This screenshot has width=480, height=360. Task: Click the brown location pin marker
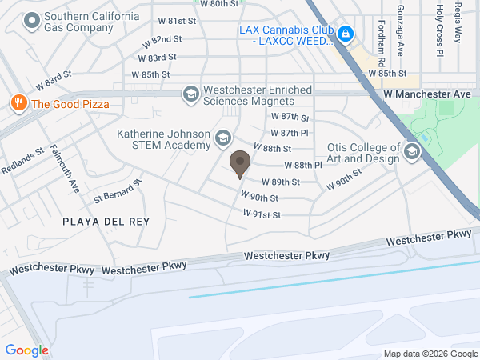coord(238,165)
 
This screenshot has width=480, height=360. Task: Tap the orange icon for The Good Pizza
coord(17,103)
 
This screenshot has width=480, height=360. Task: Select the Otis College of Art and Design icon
coord(412,152)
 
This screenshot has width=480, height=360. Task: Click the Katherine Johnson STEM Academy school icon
coord(222,141)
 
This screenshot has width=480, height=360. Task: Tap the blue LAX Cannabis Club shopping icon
coord(346,34)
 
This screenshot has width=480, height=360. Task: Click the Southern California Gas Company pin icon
coord(32,22)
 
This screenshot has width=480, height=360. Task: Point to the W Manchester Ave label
coord(427,94)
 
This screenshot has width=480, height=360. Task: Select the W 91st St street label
coord(262,214)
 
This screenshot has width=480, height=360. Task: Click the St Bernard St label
coord(118,190)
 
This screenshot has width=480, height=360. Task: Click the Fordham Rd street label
coord(382,43)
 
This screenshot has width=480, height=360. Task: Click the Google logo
coord(27,350)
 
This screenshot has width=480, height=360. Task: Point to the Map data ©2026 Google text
coord(430,354)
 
